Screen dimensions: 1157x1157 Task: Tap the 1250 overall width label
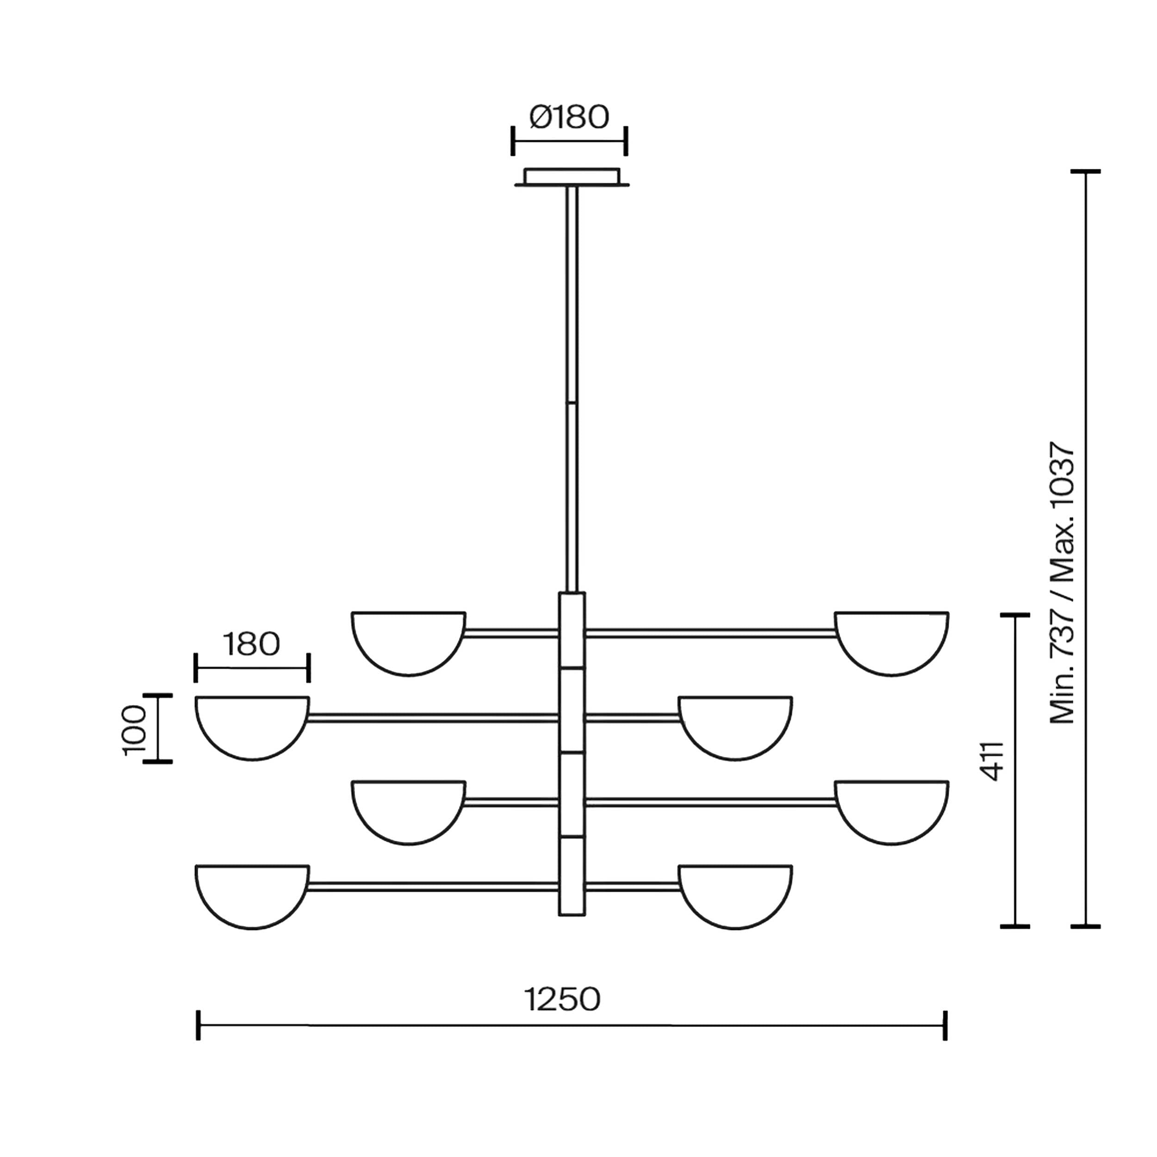click(562, 1000)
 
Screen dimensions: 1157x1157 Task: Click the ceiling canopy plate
click(572, 177)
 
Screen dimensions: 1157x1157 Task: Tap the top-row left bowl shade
click(409, 644)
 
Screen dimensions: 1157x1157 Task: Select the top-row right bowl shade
click(892, 644)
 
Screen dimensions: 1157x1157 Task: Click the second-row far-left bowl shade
click(252, 728)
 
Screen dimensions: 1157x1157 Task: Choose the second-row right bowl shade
click(735, 728)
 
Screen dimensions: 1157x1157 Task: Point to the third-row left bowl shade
click(409, 813)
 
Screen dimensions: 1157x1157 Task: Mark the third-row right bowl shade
click(892, 813)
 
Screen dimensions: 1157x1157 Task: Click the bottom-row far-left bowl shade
click(252, 897)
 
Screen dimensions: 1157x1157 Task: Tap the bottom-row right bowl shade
click(735, 897)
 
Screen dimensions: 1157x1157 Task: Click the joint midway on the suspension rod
click(572, 402)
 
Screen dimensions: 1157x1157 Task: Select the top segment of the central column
click(572, 629)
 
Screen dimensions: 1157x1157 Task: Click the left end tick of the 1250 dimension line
click(198, 1025)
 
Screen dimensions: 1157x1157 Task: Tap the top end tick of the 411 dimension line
click(1015, 615)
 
